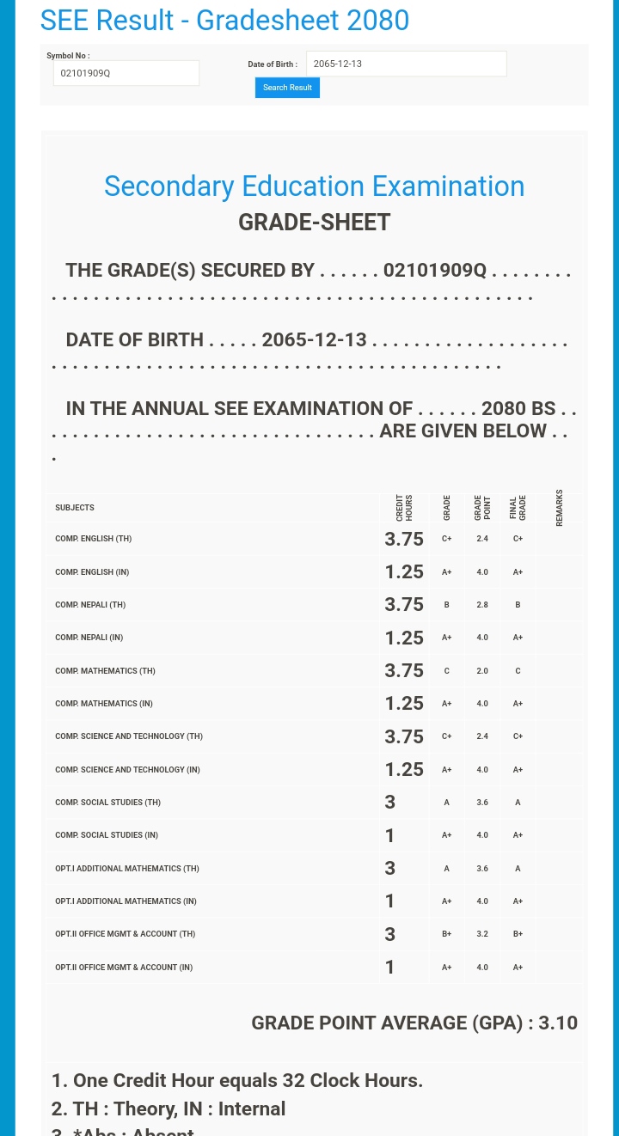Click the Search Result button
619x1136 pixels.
pos(287,88)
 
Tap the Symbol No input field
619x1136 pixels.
pos(126,73)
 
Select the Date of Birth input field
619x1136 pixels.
pos(406,64)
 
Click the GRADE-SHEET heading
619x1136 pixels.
pos(314,223)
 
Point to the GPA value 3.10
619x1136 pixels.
pos(558,1023)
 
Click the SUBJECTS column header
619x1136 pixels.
pos(75,508)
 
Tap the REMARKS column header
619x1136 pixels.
pos(560,508)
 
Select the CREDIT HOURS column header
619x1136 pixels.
pos(404,508)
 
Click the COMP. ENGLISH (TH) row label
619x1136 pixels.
pos(93,539)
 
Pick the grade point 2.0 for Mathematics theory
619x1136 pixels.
pos(482,671)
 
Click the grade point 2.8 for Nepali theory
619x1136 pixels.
pos(482,605)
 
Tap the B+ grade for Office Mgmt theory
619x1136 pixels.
pos(447,934)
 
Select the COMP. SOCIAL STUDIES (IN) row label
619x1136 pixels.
pos(107,835)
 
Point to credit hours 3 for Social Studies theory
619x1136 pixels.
pos(390,803)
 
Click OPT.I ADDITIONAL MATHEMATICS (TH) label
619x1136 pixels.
pos(127,869)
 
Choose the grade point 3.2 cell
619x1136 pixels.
pos(482,934)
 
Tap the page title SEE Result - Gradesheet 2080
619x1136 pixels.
pos(224,20)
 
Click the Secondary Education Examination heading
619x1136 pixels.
pos(314,186)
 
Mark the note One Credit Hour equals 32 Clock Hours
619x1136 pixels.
pos(237,1080)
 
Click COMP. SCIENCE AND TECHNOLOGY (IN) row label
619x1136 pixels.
pos(127,770)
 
